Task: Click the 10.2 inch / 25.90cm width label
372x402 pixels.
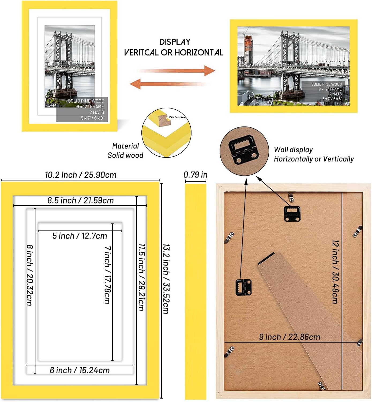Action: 81,175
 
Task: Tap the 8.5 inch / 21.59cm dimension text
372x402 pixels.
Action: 80,200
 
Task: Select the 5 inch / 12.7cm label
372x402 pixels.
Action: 80,236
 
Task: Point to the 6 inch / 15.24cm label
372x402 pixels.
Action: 80,370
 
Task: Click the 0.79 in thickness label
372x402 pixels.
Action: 195,175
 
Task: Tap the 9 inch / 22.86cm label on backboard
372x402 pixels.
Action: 290,337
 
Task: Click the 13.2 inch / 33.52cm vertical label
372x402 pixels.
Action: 166,279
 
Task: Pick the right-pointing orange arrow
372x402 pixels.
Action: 177,71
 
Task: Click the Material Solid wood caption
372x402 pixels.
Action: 125,151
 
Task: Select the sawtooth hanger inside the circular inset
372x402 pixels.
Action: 244,149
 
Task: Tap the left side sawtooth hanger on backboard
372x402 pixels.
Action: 243,287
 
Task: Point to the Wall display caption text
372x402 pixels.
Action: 313,154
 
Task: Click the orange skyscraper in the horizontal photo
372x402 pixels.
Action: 248,51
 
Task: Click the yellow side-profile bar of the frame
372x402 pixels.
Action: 196,291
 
